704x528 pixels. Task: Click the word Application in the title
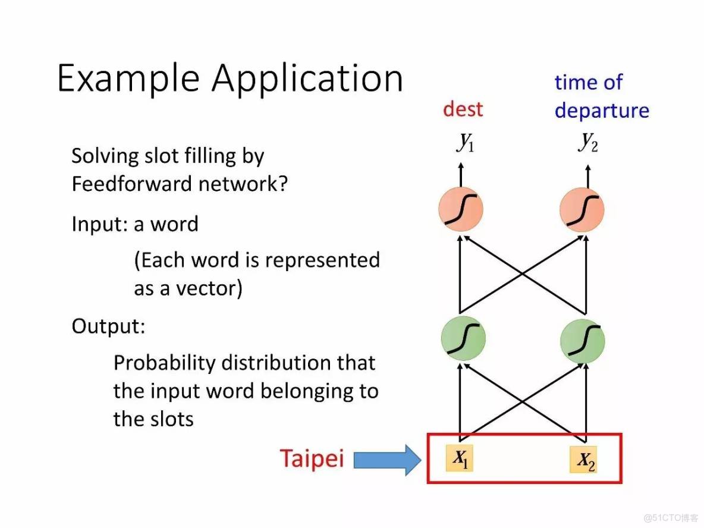point(307,78)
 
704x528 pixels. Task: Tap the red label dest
point(463,109)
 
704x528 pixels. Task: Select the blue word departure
point(602,111)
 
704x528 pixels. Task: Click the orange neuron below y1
point(460,209)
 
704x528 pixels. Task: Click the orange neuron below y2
point(582,209)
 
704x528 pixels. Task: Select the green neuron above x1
point(463,339)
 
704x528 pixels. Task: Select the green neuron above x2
point(583,339)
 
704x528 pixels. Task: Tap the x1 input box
point(460,457)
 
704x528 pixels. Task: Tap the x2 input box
point(583,460)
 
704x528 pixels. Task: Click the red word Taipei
point(312,459)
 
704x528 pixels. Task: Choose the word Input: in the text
point(99,224)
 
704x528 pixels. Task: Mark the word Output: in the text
point(108,326)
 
